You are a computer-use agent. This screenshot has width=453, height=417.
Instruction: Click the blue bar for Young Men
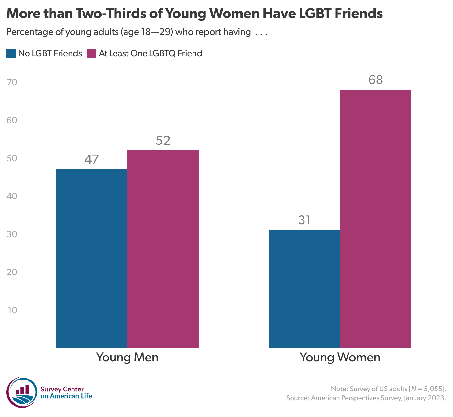[x=92, y=259]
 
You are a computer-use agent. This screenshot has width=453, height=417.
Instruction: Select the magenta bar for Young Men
[x=163, y=249]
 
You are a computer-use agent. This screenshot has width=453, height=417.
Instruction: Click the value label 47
[x=92, y=159]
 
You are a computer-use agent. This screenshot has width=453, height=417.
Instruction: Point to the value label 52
[x=163, y=141]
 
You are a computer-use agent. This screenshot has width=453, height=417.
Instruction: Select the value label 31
[x=304, y=220]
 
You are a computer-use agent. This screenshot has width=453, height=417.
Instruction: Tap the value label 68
[x=376, y=80]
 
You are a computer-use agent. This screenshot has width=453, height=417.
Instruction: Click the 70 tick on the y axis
[x=12, y=82]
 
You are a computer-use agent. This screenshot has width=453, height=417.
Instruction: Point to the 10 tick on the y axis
[x=12, y=310]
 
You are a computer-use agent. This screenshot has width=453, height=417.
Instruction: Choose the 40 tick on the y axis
[x=12, y=196]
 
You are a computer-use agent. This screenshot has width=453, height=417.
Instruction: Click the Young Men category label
[x=127, y=358]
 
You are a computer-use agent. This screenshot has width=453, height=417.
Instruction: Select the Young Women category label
[x=340, y=358]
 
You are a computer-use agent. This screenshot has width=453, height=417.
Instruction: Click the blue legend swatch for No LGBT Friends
[x=11, y=53]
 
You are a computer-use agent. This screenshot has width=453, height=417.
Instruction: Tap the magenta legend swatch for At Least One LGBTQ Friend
[x=92, y=53]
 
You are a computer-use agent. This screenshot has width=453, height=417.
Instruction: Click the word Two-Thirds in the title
[x=118, y=14]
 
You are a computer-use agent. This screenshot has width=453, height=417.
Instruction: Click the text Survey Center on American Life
[x=66, y=393]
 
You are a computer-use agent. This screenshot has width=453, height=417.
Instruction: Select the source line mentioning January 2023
[x=366, y=398]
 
